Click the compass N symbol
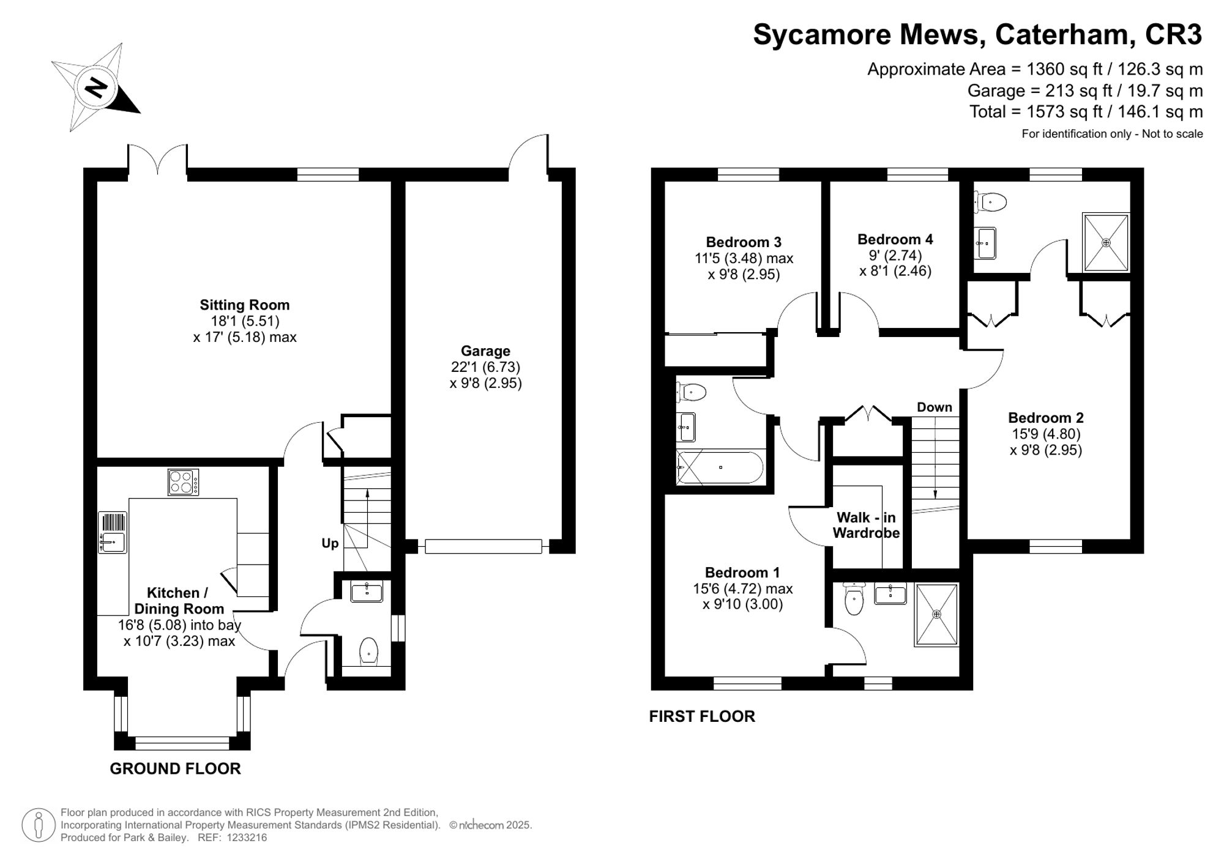click(x=96, y=87)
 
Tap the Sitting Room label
click(x=244, y=305)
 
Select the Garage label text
click(x=485, y=351)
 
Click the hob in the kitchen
click(x=183, y=481)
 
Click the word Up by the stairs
click(x=330, y=543)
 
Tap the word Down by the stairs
click(x=934, y=407)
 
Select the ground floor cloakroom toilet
click(x=368, y=651)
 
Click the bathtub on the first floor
click(x=720, y=467)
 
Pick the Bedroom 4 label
click(x=895, y=239)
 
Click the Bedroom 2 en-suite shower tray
click(x=1105, y=242)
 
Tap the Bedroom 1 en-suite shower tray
click(x=936, y=614)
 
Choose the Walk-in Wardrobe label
click(x=866, y=525)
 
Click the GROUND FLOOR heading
click(x=175, y=768)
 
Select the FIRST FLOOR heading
click(x=702, y=716)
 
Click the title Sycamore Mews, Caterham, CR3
click(x=977, y=34)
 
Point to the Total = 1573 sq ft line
click(x=1086, y=112)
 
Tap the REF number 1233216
click(x=247, y=837)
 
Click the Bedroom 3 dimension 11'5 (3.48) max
click(x=744, y=258)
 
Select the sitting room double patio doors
click(x=157, y=160)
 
